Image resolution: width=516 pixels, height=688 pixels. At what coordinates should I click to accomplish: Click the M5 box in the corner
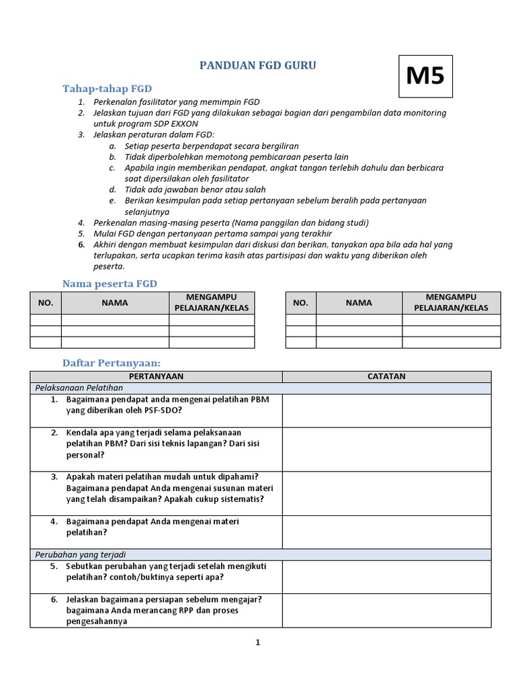click(x=425, y=77)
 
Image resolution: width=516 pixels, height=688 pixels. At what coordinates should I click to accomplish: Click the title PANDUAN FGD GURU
click(x=258, y=66)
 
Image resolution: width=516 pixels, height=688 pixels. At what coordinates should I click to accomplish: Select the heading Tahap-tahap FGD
click(x=107, y=89)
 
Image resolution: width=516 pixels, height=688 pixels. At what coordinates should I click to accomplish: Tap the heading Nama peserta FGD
click(x=110, y=284)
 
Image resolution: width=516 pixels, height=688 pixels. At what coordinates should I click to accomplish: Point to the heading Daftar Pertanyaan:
click(x=112, y=363)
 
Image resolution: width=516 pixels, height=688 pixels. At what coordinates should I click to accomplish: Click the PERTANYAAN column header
click(x=156, y=376)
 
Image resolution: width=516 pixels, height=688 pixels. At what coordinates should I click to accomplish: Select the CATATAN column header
click(x=386, y=376)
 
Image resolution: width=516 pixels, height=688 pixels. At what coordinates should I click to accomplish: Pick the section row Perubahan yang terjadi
click(x=81, y=554)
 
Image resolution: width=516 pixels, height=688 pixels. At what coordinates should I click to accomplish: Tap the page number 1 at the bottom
click(x=257, y=642)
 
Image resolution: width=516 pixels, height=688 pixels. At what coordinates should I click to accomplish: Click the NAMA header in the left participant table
click(x=115, y=302)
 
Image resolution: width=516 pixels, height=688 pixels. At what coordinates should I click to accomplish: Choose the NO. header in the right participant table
click(x=300, y=302)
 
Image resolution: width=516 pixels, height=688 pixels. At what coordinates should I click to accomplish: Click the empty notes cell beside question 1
click(x=386, y=411)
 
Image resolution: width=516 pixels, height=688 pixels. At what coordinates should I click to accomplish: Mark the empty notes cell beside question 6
click(x=386, y=611)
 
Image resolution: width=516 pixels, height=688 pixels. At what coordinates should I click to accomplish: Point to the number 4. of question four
click(x=54, y=521)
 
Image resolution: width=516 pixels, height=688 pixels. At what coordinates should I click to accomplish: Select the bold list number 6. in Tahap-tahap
click(x=81, y=245)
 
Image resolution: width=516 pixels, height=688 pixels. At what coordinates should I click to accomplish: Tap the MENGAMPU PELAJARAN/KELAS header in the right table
click(x=451, y=302)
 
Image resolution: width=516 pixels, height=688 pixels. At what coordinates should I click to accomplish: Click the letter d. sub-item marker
click(x=112, y=190)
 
